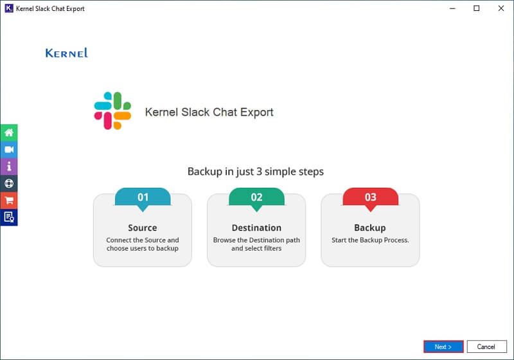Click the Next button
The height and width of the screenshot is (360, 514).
coord(443,346)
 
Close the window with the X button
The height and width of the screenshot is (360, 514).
coord(500,8)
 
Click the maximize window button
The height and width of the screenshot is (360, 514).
coord(476,8)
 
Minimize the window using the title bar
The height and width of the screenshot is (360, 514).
coord(452,8)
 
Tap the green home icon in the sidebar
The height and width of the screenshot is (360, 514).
coord(9,132)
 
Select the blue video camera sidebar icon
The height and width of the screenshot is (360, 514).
coord(9,149)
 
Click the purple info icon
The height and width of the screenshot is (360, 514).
coord(9,166)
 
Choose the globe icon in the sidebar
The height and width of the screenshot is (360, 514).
coord(9,183)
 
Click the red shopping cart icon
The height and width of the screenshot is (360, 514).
coord(9,200)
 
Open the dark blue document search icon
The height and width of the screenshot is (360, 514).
coord(9,217)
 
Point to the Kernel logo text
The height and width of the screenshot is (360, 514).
coord(66,53)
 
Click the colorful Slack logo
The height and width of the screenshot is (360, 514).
coord(112,111)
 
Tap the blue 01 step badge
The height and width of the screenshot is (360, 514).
coord(143,197)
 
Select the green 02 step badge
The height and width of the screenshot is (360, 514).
coord(256,197)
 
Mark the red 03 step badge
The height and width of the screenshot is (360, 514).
coord(370,197)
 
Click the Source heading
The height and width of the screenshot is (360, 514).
coord(143,228)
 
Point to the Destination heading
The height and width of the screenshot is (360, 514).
coord(256,228)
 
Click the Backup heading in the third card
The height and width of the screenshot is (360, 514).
coord(370,228)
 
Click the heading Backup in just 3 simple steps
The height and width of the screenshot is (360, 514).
coord(256,172)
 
